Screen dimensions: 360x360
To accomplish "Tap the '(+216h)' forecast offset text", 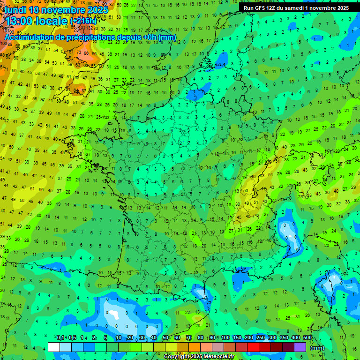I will point(83,21).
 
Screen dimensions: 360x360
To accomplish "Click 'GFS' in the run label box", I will point(259,8).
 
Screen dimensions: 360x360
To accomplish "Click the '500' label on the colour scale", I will point(307,337).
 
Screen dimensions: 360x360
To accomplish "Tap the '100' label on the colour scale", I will point(225,337).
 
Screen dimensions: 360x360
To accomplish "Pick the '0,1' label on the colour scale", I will point(60,337).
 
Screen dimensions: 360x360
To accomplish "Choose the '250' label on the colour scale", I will point(261,337).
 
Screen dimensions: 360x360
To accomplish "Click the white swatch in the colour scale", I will point(53,347).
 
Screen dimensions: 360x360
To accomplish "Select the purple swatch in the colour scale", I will point(300,347).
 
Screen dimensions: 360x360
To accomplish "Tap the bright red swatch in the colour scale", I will point(253,347).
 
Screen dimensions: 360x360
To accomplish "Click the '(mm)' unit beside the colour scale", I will point(317,348).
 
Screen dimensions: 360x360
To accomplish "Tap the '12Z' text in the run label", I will point(272,8).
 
